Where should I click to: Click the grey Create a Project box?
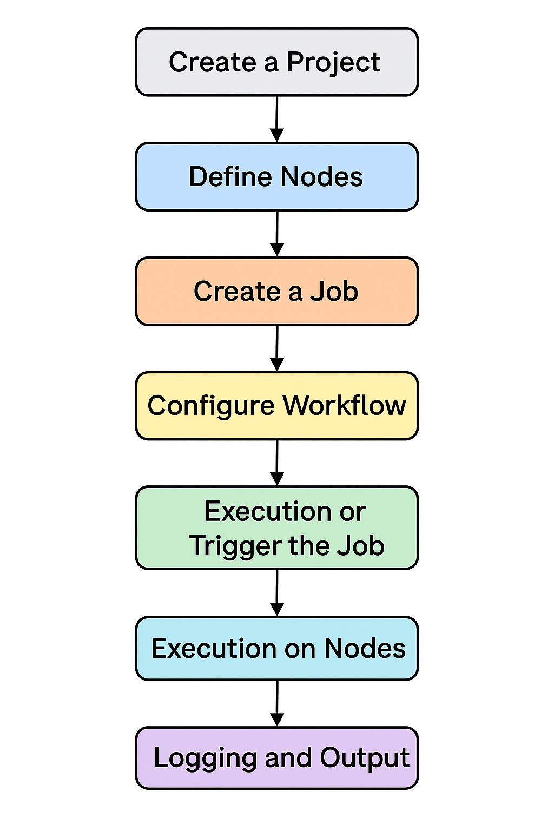click(x=277, y=62)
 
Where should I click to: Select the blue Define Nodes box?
click(x=277, y=176)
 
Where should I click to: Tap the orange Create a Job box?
click(x=277, y=291)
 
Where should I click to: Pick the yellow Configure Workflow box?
click(x=277, y=406)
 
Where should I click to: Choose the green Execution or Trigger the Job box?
click(x=277, y=528)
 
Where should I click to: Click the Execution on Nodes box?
click(x=277, y=649)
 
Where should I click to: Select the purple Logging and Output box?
click(x=277, y=758)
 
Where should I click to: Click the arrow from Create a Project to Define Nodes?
click(x=277, y=119)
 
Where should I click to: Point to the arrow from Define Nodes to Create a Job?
click(x=277, y=234)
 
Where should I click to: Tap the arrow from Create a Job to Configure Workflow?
click(x=277, y=348)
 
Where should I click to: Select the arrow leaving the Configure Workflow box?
click(x=277, y=463)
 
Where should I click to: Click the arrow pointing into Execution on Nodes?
click(x=277, y=593)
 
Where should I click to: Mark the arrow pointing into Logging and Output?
click(x=277, y=704)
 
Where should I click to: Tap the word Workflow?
click(x=345, y=405)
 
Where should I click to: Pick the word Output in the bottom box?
click(x=365, y=759)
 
